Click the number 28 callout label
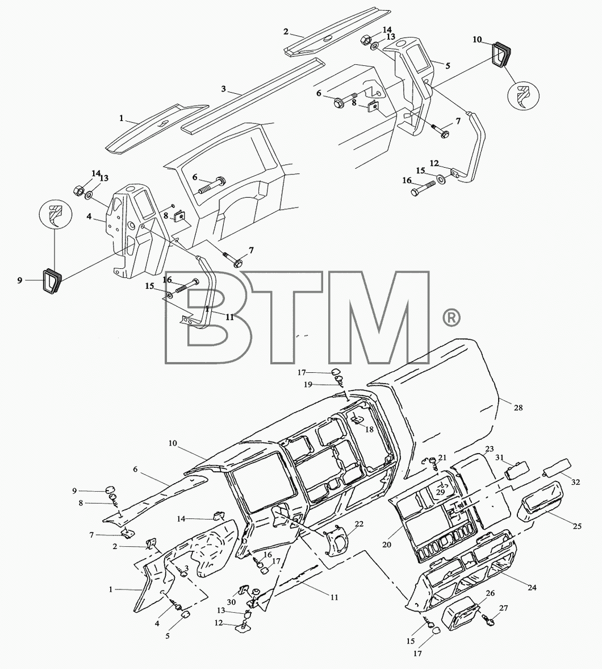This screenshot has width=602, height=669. [x=518, y=408]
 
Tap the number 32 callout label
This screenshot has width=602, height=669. [x=575, y=482]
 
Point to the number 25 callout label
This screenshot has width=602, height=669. [x=577, y=526]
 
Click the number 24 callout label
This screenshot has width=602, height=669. [x=532, y=588]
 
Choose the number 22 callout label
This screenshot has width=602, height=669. [x=359, y=523]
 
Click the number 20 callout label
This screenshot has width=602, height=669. [x=387, y=545]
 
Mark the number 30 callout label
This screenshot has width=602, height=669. [x=231, y=602]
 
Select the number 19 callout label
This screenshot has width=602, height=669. [x=308, y=384]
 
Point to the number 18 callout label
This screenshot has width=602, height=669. [x=369, y=429]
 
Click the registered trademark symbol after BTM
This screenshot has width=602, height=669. [x=450, y=318]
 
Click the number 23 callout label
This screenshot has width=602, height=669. [x=490, y=449]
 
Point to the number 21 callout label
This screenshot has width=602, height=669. [x=442, y=458]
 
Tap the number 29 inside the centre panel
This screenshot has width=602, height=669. [x=440, y=492]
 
